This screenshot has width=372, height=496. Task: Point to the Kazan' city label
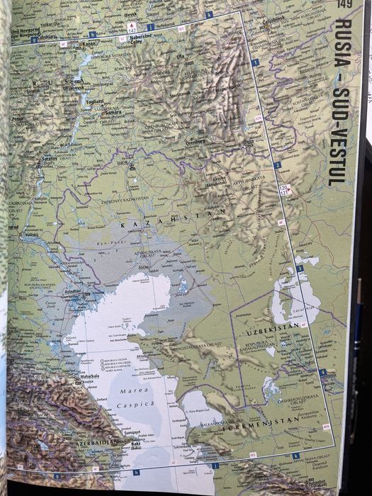point(89,43)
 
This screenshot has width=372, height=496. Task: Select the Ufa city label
point(180,56)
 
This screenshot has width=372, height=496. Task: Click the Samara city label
point(111,112)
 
